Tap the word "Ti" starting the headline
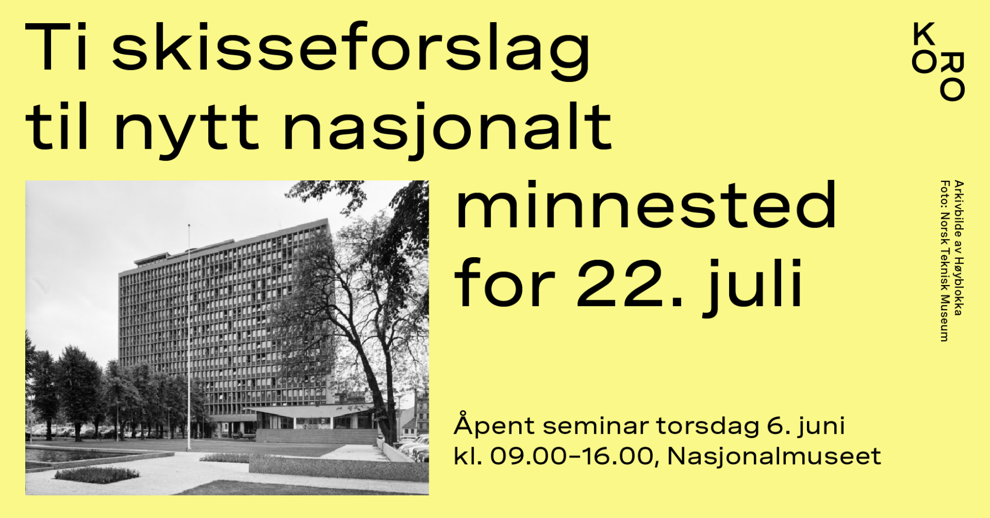(56, 46)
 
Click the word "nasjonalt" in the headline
(448, 129)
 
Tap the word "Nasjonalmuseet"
(774, 456)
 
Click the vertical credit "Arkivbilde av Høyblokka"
(959, 248)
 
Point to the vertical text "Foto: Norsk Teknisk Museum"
(945, 261)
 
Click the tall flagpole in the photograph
(189, 337)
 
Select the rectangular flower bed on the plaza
(97, 475)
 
